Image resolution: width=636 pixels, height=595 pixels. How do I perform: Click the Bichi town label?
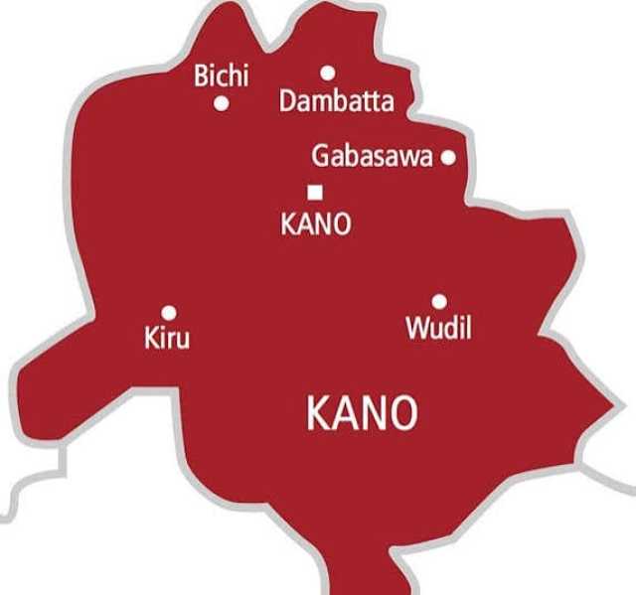pyautogui.click(x=222, y=75)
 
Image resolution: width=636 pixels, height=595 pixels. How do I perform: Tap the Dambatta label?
pyautogui.click(x=336, y=101)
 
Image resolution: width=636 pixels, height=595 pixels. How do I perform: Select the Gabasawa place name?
pyautogui.click(x=373, y=157)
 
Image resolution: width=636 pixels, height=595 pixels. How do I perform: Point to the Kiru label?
pyautogui.click(x=166, y=339)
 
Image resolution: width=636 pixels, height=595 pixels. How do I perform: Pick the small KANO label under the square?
pyautogui.click(x=316, y=224)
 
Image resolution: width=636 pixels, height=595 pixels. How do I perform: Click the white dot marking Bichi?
pyautogui.click(x=222, y=102)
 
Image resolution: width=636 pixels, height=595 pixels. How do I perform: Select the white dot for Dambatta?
pyautogui.click(x=327, y=72)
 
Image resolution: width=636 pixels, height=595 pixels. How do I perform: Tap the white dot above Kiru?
pyautogui.click(x=169, y=311)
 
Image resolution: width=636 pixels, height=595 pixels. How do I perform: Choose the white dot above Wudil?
pyautogui.click(x=438, y=300)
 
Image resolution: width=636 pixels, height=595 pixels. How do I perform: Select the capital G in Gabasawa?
pyautogui.click(x=320, y=157)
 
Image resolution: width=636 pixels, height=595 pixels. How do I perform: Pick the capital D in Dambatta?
pyautogui.click(x=287, y=101)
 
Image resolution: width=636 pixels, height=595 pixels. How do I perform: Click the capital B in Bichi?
pyautogui.click(x=202, y=75)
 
